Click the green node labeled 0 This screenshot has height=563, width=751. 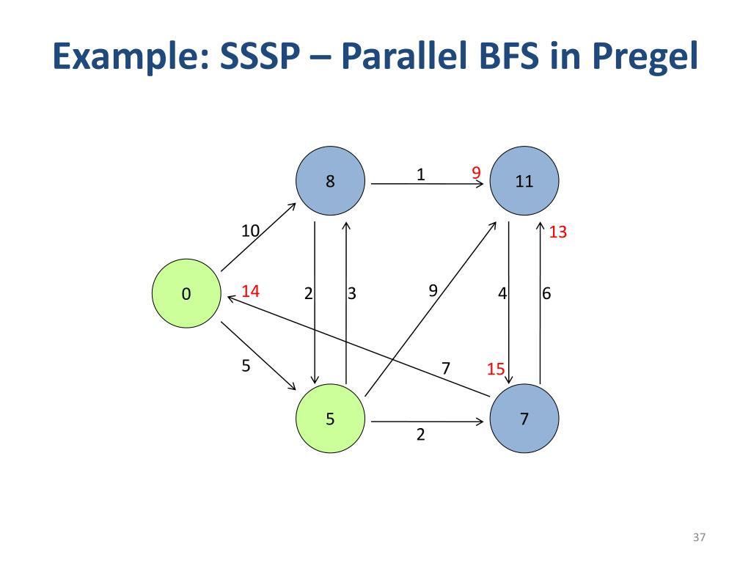186,294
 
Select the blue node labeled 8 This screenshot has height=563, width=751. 330,181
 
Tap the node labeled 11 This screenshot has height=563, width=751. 524,181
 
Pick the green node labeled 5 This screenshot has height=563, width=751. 330,419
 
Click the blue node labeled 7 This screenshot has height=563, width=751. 524,419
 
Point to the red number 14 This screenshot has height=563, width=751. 250,291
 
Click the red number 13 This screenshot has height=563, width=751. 558,232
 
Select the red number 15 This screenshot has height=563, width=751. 496,369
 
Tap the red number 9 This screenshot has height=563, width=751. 476,173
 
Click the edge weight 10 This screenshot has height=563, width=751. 251,231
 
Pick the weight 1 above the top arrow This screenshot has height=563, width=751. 420,174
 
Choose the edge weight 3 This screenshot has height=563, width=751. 352,294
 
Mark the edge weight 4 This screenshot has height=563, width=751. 502,294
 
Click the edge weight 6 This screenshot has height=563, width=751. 546,294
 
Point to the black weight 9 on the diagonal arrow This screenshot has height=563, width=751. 433,290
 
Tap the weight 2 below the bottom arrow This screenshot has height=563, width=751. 420,435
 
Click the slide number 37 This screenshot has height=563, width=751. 698,539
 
